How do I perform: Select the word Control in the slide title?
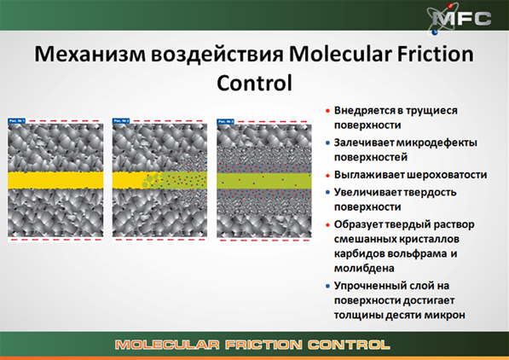pos(254,84)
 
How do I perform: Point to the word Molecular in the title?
pos(332,57)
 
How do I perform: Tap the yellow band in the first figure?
pos(55,180)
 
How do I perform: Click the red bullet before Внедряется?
pos(328,112)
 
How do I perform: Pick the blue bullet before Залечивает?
pos(328,143)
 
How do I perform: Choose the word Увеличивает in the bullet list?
pos(367,190)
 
